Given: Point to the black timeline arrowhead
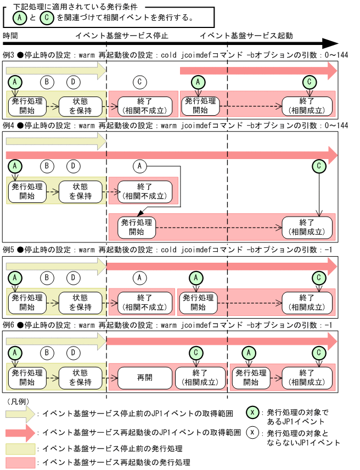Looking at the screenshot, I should coord(330,43).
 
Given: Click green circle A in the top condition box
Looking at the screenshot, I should coord(17,17).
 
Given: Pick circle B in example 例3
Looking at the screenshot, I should coord(47,82).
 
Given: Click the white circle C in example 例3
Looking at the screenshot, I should coord(140,82).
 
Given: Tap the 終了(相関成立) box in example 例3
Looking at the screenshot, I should coord(307,105).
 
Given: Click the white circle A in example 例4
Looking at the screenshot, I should coord(140,165).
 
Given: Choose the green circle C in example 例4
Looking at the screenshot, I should coord(318,165).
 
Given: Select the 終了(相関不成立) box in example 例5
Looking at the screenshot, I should coord(140,301).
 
